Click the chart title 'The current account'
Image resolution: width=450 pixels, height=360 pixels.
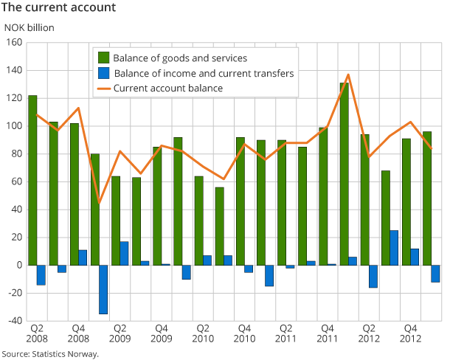click(x=59, y=8)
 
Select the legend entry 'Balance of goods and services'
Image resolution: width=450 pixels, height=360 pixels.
click(x=180, y=58)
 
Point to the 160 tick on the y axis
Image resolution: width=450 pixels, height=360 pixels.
click(x=15, y=43)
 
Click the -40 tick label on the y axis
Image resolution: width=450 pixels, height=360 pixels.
click(x=13, y=321)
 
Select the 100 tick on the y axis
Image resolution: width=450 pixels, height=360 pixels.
click(x=15, y=126)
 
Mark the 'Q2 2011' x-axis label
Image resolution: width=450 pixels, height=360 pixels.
click(x=287, y=333)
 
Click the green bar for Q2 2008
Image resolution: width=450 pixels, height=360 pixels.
click(x=32, y=180)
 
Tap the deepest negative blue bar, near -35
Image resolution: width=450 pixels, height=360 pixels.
click(x=103, y=289)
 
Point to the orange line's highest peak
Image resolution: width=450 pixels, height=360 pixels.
click(x=348, y=75)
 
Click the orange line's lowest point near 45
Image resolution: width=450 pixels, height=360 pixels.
click(x=99, y=203)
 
